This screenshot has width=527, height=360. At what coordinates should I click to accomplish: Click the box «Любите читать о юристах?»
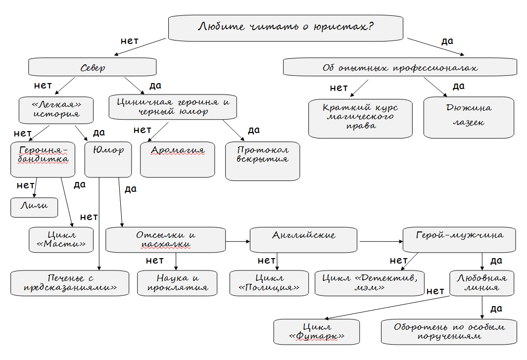point(286,27)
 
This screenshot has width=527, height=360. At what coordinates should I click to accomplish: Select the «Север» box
point(93,67)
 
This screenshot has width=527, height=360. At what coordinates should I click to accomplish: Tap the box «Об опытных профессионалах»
point(400,67)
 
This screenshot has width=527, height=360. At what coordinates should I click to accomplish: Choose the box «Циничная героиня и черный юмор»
point(173,107)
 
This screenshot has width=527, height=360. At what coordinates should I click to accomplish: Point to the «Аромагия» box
point(178,160)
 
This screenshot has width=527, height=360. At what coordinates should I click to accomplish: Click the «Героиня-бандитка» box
point(43,159)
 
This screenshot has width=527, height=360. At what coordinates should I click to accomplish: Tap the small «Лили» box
point(34,207)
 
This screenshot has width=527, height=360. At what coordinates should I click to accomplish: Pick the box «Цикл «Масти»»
point(61,239)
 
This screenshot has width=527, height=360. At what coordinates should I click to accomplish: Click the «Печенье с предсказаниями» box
point(70,283)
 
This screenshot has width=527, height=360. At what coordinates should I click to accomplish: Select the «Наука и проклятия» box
point(177,283)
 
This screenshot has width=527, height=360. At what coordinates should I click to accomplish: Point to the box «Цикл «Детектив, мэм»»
point(370,283)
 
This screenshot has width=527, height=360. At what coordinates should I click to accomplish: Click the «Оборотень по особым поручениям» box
point(449,331)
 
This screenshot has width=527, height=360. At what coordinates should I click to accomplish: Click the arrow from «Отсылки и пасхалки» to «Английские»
point(238,241)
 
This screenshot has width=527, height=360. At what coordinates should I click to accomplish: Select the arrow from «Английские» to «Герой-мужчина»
point(381,241)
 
